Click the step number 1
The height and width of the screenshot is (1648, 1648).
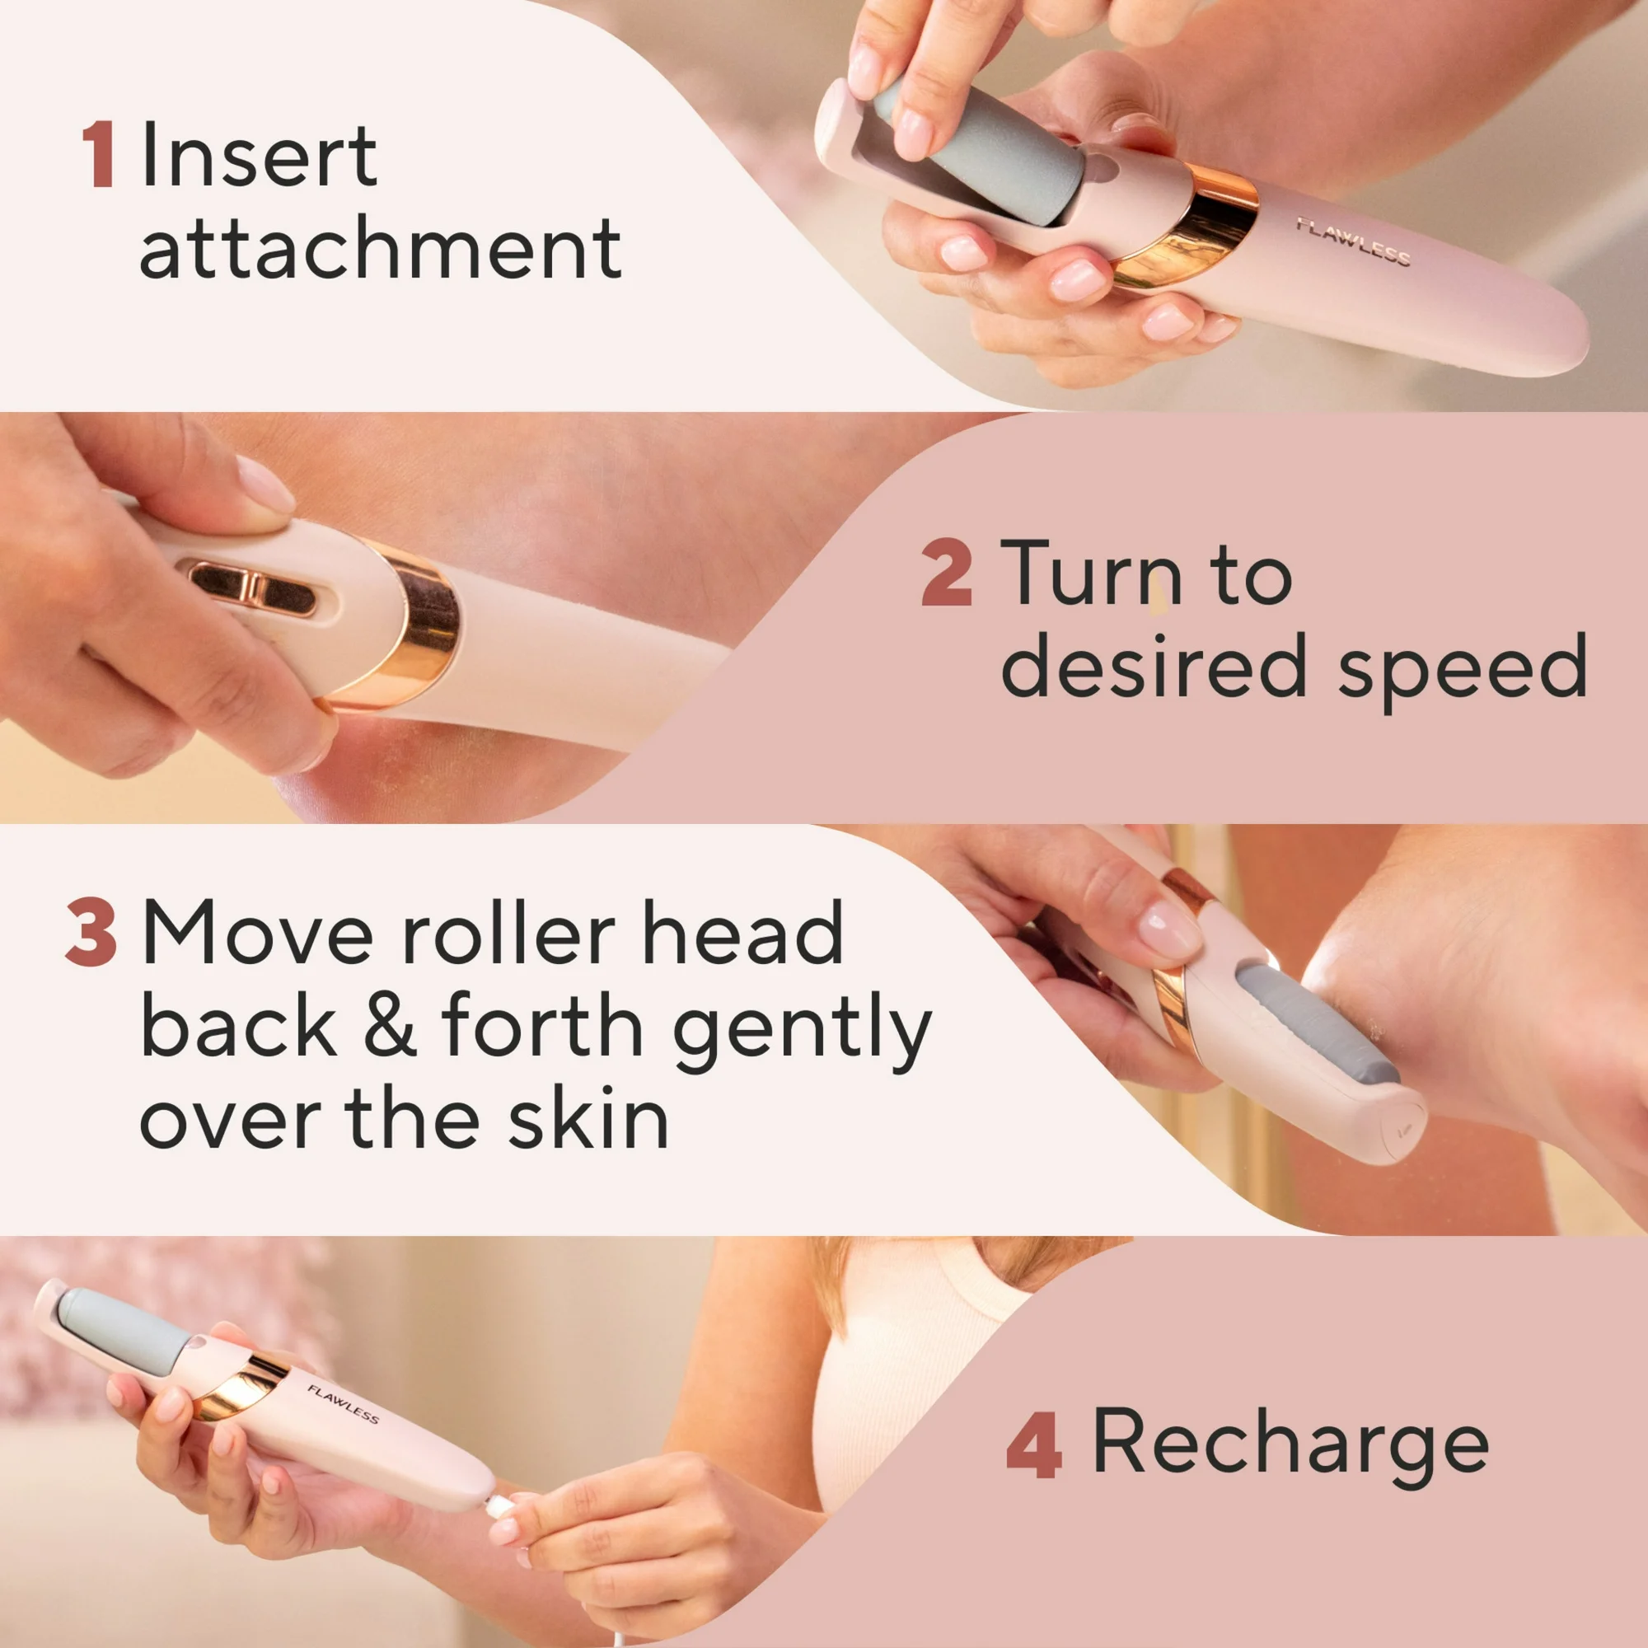(99, 154)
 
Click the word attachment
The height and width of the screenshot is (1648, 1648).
(380, 248)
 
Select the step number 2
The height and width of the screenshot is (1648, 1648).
(946, 573)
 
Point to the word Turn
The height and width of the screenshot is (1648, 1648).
(1091, 573)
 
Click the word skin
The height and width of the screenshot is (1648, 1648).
(588, 1119)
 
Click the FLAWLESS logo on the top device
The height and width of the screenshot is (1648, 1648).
(1353, 241)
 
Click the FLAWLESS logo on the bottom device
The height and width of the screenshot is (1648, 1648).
(343, 1405)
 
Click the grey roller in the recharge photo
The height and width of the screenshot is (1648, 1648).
(124, 1330)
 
